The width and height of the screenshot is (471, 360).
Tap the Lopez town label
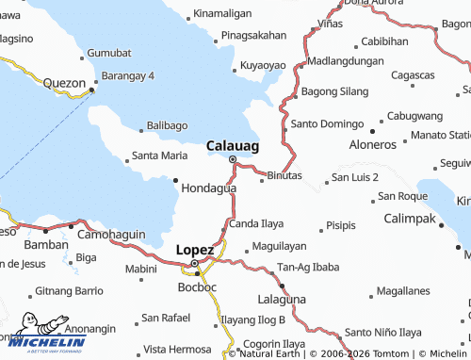(195, 249)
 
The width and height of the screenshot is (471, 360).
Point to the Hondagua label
(208, 188)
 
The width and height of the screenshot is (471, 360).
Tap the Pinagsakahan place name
(252, 36)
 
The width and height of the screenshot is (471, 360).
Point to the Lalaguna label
(282, 299)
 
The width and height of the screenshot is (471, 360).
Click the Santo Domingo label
(327, 123)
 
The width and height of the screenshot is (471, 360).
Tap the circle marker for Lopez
(195, 263)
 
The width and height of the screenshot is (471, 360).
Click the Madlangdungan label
(346, 60)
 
